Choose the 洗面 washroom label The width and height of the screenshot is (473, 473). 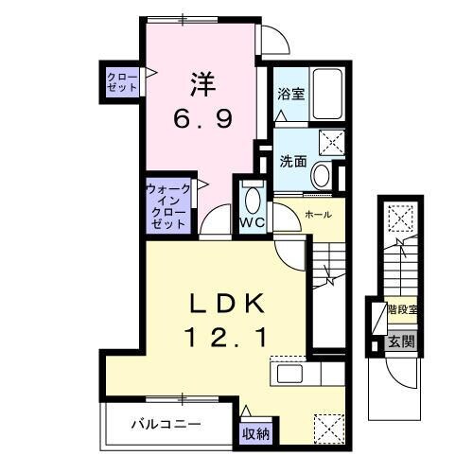(291, 161)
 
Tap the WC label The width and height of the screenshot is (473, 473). (251, 222)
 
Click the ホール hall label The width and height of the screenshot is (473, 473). (317, 215)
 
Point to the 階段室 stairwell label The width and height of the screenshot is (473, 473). (402, 309)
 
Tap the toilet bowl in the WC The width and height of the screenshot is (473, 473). (252, 200)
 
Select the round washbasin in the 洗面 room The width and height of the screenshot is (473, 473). (322, 175)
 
